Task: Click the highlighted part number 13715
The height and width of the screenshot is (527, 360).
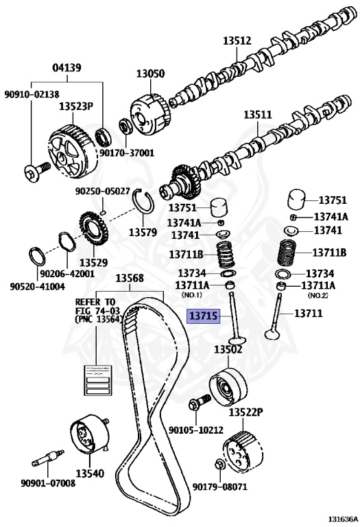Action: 203,316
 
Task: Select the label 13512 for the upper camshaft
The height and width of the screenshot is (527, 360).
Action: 237,40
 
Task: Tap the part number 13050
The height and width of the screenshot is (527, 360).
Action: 150,73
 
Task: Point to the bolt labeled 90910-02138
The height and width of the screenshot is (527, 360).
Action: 37,171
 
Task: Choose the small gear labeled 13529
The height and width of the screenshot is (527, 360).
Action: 93,229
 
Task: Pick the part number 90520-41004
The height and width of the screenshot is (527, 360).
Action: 37,287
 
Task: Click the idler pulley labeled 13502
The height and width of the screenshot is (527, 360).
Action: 228,386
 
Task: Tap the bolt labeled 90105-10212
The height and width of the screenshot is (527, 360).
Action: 200,401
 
